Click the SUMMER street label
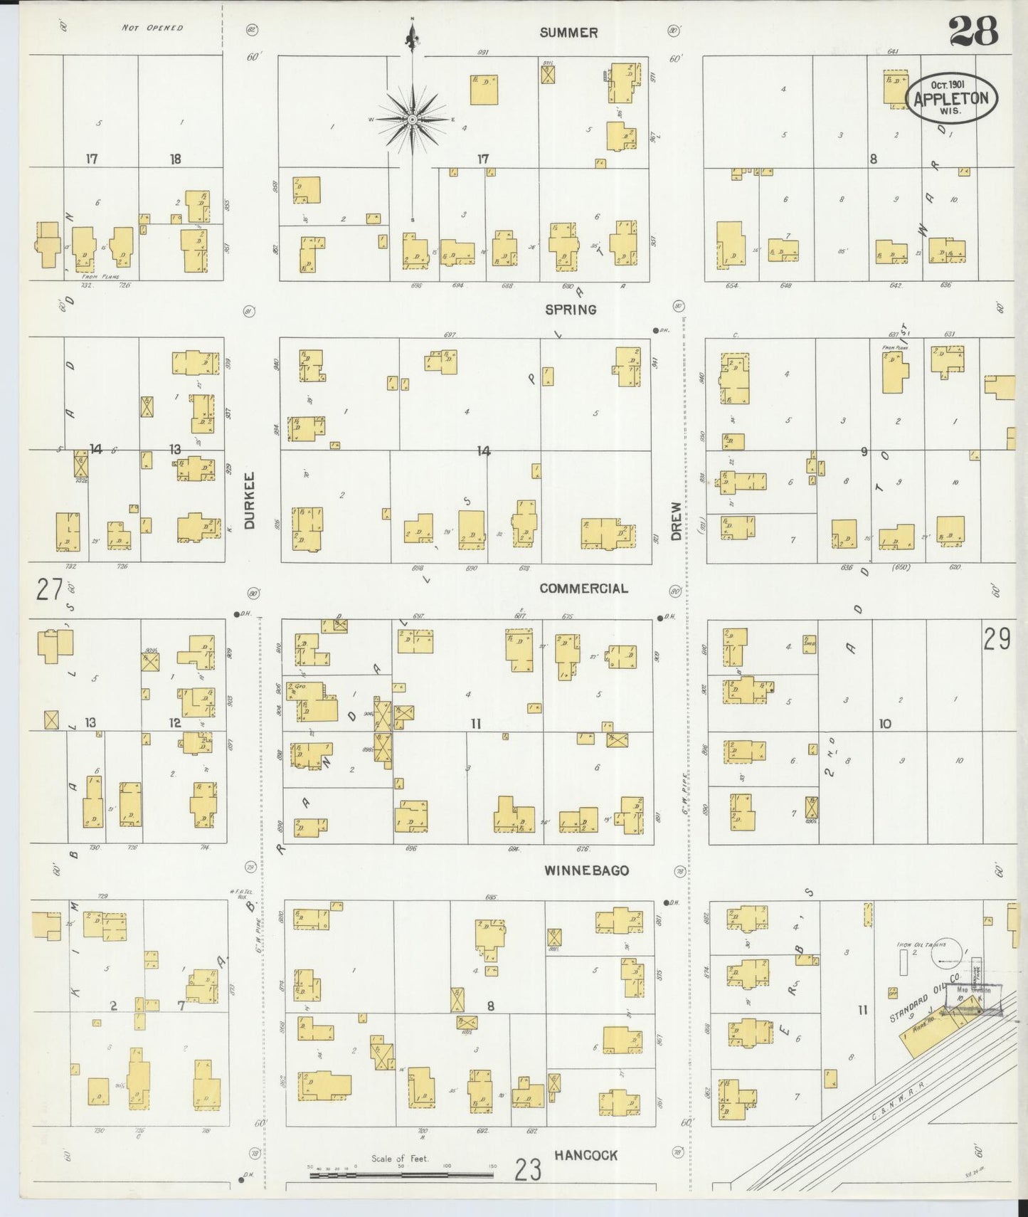(568, 33)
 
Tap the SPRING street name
(571, 310)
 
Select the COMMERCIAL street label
(583, 589)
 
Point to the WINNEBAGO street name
(587, 870)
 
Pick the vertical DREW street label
(675, 522)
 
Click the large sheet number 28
(973, 32)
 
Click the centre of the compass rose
(412, 119)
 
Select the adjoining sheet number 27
(50, 590)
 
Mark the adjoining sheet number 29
(997, 639)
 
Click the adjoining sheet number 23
(528, 1169)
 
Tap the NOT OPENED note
(152, 28)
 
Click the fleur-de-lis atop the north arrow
(412, 34)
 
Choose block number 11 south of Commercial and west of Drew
(476, 724)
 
